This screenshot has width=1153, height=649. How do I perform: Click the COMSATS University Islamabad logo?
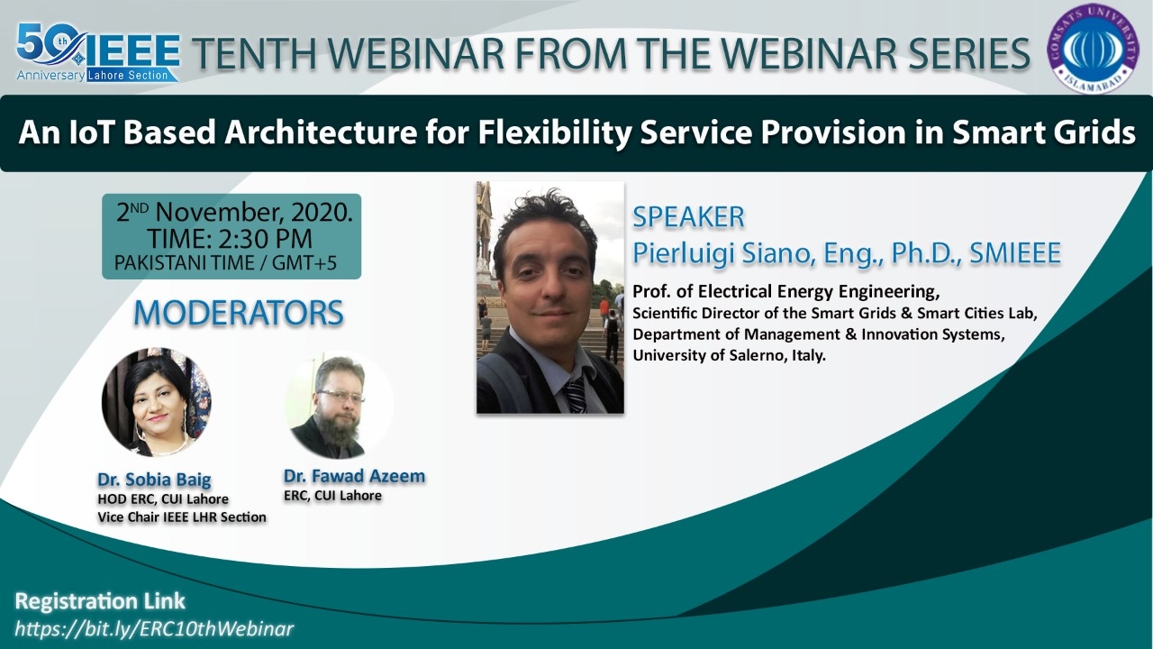(1094, 49)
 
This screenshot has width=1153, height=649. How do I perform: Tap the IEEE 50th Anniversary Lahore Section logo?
(98, 52)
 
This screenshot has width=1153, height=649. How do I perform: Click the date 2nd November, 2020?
(234, 212)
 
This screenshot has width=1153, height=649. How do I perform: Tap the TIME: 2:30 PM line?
(230, 239)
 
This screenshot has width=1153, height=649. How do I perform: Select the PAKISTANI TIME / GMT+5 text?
(225, 262)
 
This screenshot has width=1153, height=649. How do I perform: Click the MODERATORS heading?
(239, 313)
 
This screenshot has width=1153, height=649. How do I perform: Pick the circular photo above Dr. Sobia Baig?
(156, 402)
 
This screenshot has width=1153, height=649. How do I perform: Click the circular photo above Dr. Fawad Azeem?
(339, 405)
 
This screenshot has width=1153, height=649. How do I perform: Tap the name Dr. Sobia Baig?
(154, 480)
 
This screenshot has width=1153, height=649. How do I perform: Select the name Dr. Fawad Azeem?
(354, 476)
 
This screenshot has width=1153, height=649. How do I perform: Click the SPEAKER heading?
(688, 217)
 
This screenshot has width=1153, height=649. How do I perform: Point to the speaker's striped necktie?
(575, 395)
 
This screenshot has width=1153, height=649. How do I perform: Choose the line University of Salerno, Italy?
(729, 355)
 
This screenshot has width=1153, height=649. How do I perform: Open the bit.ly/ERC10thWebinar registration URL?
(154, 628)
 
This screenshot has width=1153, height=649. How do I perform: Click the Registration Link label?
(100, 601)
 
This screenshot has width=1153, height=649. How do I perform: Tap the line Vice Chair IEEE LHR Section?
(182, 517)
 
